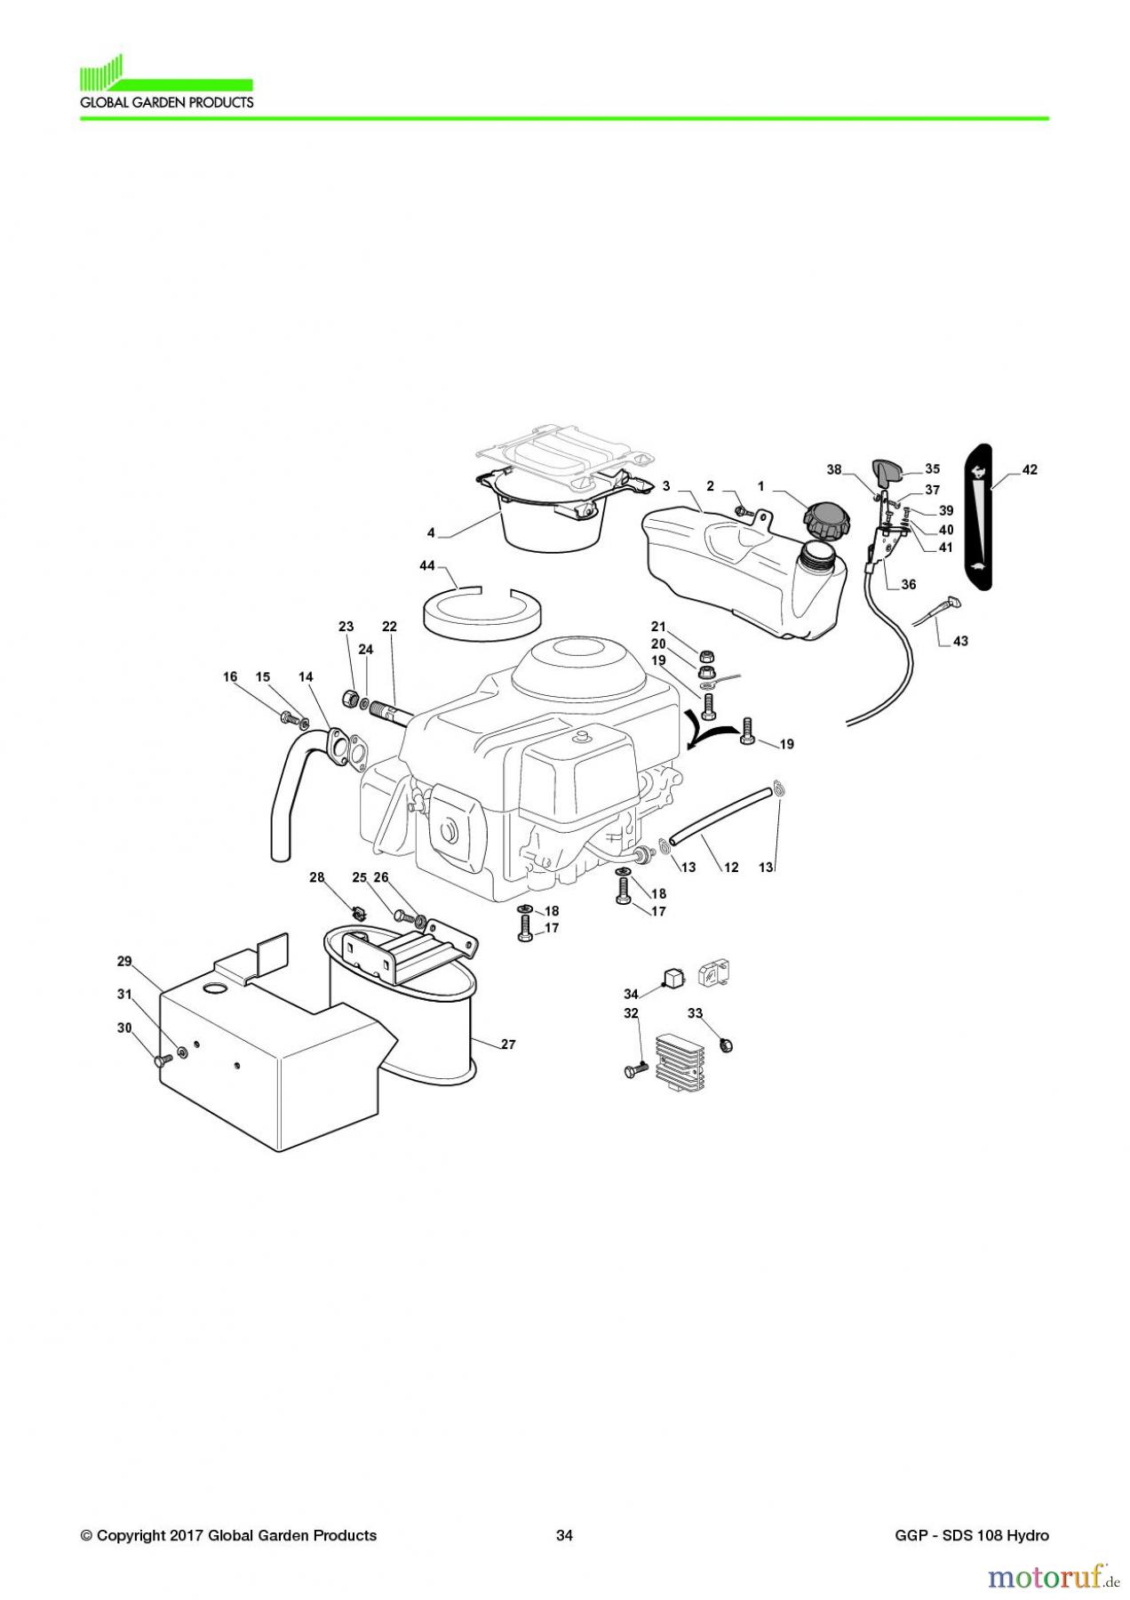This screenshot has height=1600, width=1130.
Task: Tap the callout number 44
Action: (427, 566)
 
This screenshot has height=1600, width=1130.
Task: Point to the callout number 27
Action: (507, 1044)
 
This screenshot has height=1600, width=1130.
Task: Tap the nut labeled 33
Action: (724, 1045)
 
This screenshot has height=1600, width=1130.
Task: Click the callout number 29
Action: (124, 961)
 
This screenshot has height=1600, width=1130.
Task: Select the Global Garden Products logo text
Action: (166, 102)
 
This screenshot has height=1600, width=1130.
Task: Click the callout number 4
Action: (431, 533)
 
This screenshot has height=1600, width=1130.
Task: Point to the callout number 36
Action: (908, 585)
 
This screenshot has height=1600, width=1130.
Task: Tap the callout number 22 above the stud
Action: (389, 627)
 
